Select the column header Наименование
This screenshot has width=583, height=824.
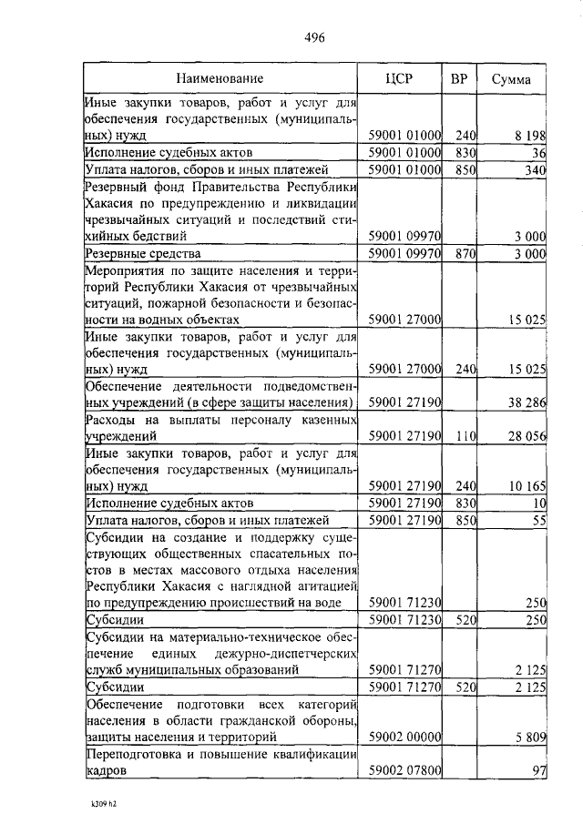click(x=220, y=79)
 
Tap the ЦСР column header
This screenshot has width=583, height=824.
click(x=399, y=79)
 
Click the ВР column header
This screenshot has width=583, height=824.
click(x=459, y=79)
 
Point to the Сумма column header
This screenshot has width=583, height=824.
click(x=511, y=79)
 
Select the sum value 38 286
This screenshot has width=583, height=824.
click(x=525, y=402)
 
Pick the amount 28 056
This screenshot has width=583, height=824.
click(x=525, y=436)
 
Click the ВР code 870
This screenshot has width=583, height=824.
click(x=466, y=253)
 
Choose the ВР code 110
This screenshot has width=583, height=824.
click(x=466, y=436)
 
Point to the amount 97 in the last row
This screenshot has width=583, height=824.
click(x=537, y=770)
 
